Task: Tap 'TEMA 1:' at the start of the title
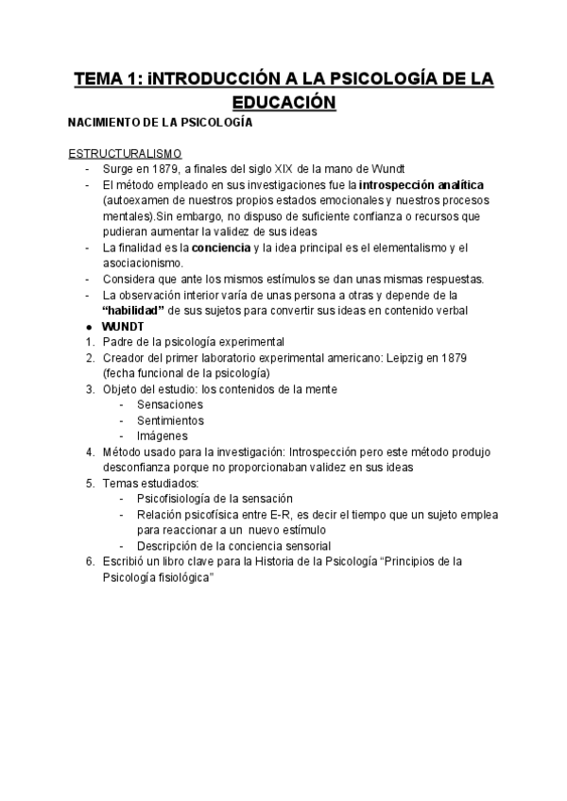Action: pos(108,77)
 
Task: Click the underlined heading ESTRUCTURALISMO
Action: pos(125,154)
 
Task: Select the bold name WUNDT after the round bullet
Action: pos(123,326)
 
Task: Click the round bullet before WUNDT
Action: pos(88,326)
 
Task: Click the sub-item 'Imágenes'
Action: pos(163,435)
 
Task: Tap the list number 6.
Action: pos(88,561)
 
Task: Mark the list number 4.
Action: pos(88,452)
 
